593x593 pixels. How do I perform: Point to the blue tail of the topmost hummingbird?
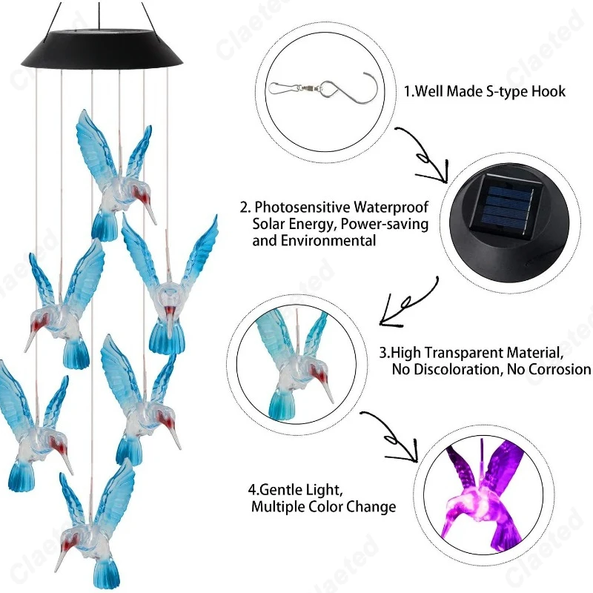click(x=105, y=225)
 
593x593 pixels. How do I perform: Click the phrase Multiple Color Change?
click(x=323, y=508)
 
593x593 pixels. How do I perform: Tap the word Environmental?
click(x=335, y=241)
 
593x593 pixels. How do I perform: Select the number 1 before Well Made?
click(x=407, y=92)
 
